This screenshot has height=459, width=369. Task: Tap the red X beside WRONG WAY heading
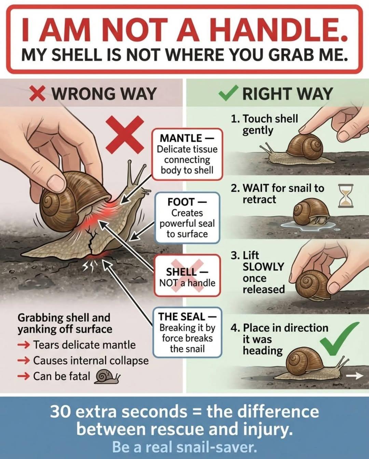37,93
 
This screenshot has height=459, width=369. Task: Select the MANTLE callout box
187,154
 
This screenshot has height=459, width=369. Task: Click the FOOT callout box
187,218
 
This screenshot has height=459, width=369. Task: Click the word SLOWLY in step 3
263,267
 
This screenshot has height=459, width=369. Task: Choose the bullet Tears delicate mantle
84,345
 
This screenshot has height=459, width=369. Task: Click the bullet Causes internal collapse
91,360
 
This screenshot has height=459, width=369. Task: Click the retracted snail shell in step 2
309,210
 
